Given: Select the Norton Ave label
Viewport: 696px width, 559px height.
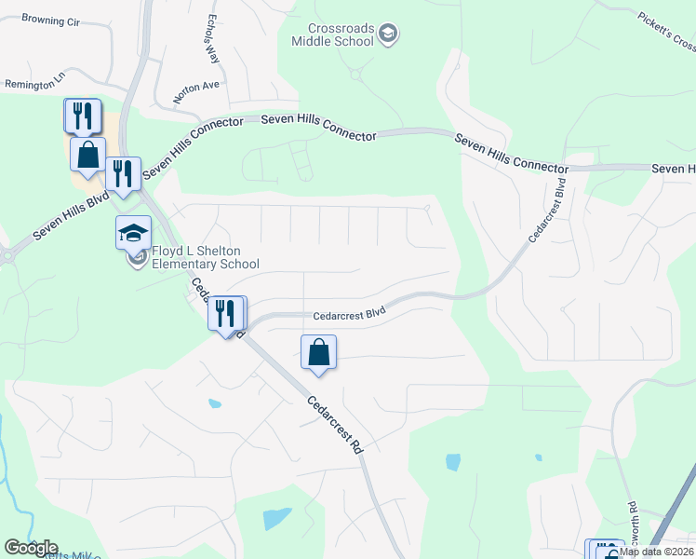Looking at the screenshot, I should (195, 90).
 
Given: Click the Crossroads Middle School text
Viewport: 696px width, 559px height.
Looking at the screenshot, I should (332, 34).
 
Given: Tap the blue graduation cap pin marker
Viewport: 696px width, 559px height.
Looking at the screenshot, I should (133, 232).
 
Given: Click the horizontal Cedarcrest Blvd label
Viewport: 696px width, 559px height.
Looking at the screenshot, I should (349, 315).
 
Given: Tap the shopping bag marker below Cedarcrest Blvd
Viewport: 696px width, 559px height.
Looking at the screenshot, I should (318, 352).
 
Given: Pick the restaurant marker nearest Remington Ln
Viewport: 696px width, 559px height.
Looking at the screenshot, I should (82, 116).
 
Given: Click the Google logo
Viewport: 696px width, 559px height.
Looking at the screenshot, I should (30, 547).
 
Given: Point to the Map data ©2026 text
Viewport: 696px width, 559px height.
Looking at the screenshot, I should (657, 552).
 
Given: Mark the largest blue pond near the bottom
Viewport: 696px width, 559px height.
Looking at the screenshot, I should (276, 518).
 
